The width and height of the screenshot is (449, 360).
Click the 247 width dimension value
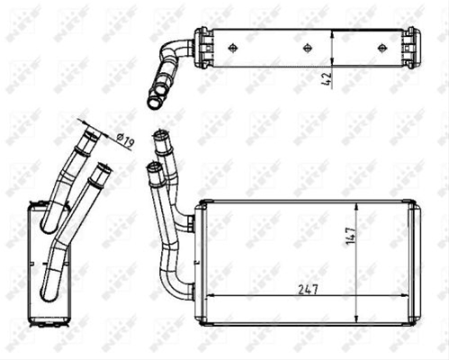(308, 290)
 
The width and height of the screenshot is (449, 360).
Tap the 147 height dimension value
(351, 236)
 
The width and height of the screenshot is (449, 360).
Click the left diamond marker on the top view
(232, 48)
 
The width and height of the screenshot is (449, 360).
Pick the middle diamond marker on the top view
(308, 48)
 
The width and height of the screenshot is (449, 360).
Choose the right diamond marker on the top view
(382, 48)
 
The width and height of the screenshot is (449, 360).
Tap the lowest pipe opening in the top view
(154, 103)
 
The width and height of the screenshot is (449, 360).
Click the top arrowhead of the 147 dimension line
(355, 206)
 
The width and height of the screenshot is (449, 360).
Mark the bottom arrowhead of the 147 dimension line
(355, 318)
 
